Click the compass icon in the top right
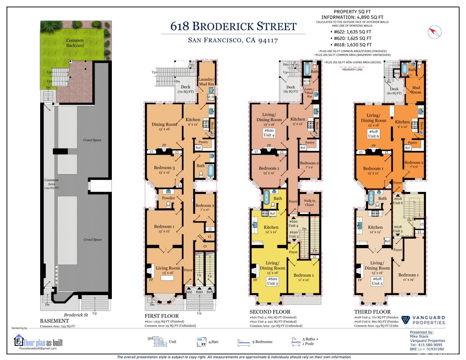[434, 32]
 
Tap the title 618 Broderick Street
[233, 26]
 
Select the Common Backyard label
[75, 43]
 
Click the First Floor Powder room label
[168, 198]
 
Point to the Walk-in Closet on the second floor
[309, 203]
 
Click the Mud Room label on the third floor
[416, 90]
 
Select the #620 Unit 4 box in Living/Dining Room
[269, 133]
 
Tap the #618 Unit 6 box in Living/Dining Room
[373, 134]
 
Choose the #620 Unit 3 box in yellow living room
[272, 281]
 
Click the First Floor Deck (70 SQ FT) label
[185, 89]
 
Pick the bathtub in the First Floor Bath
[210, 171]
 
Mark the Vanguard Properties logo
[423, 320]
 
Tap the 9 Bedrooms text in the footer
[262, 342]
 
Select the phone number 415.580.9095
[426, 345]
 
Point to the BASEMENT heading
[54, 321]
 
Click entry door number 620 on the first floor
[199, 292]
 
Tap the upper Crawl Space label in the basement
[92, 140]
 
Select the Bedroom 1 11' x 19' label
[409, 277]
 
